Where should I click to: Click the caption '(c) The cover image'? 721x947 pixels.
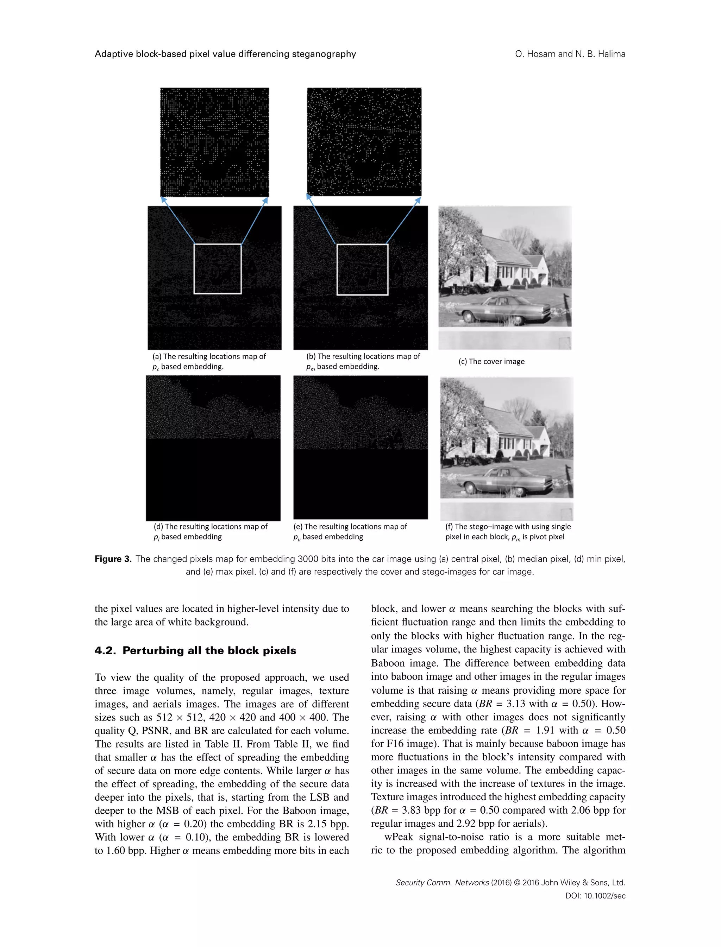491,362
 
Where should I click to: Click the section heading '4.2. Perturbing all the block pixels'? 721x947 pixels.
195,651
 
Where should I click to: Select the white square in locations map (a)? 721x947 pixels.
218,269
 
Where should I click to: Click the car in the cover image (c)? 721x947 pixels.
502,309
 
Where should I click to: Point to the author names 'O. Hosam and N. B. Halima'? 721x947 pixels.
570,54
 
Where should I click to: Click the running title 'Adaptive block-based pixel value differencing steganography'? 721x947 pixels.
225,54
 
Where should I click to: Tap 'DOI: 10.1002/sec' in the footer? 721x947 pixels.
595,896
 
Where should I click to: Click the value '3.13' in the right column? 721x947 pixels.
516,704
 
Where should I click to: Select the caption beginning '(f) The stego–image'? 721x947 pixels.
508,527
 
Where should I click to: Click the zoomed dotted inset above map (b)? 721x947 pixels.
364,141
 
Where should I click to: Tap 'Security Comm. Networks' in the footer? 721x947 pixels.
442,883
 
